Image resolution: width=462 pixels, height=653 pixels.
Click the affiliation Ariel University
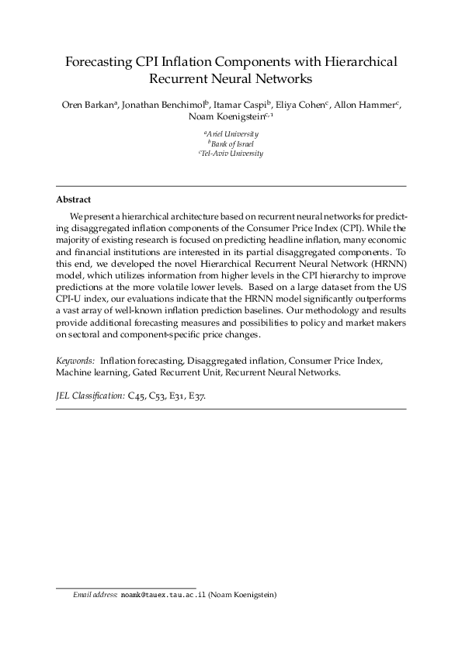[231, 134]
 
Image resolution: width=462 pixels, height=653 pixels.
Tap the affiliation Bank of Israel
[231, 143]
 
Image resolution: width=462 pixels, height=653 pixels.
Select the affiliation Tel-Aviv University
[231, 154]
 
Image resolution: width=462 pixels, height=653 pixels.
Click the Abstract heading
[74, 199]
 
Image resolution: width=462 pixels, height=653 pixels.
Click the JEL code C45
[137, 395]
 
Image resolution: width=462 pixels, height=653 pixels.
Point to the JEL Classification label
[90, 395]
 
